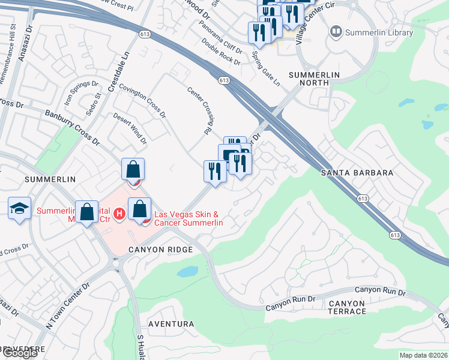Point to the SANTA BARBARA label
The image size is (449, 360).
[x=357, y=173]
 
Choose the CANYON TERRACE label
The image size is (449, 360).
[x=347, y=307]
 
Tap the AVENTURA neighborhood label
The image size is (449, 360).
[x=171, y=324]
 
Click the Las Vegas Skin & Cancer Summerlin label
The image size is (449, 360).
[x=189, y=218]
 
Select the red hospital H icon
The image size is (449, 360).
[x=119, y=213]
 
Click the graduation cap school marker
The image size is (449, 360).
[x=20, y=208]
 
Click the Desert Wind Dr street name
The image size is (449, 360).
[x=130, y=129]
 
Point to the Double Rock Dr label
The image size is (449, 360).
[x=221, y=53]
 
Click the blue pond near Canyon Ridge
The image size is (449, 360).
[x=188, y=271]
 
